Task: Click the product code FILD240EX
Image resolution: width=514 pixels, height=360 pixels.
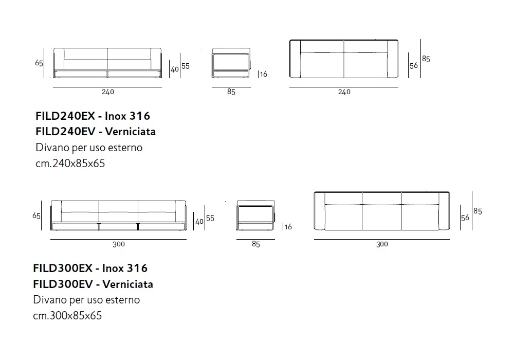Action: tap(65, 116)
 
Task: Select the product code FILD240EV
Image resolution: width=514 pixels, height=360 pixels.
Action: tap(65, 132)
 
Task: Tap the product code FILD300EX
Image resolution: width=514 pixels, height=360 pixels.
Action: tap(63, 268)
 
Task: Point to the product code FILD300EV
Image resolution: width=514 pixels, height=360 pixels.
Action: tap(63, 284)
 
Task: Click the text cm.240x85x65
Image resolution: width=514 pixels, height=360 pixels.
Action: tap(70, 163)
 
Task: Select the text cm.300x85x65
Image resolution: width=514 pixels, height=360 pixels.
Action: tap(67, 315)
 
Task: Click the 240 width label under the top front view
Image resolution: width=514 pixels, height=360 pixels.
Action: tap(107, 92)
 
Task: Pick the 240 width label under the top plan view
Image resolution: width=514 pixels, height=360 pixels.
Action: tap(344, 92)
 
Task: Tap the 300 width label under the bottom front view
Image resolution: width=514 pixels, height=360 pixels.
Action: tap(119, 244)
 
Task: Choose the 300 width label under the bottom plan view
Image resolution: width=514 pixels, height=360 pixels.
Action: tap(382, 244)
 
